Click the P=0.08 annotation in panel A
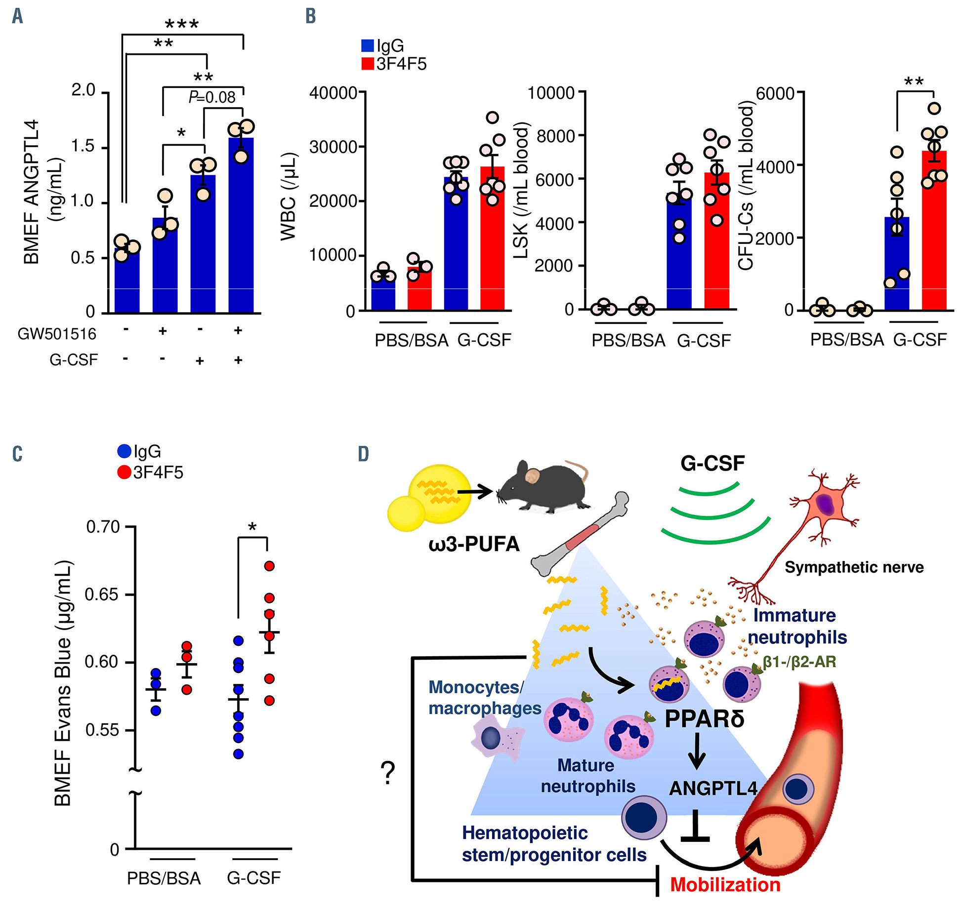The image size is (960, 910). click(x=212, y=97)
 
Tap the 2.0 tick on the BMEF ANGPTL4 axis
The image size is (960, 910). click(x=83, y=90)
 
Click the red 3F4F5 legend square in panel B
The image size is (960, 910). click(x=367, y=64)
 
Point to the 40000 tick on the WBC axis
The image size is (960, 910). click(x=333, y=92)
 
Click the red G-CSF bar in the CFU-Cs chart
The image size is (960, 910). click(x=934, y=232)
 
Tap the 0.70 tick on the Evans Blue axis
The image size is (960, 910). click(x=103, y=527)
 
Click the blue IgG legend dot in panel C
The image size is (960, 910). click(x=124, y=451)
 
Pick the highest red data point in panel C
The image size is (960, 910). click(x=269, y=566)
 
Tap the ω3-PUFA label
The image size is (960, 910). click(x=474, y=544)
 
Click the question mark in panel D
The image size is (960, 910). click(x=388, y=773)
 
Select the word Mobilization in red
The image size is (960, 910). click(x=725, y=884)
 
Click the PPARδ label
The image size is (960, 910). click(x=705, y=719)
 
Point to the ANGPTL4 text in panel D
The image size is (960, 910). click(x=713, y=789)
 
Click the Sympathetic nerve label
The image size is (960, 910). click(x=854, y=567)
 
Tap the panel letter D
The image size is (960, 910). click(x=363, y=454)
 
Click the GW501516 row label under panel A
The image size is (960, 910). click(x=57, y=334)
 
